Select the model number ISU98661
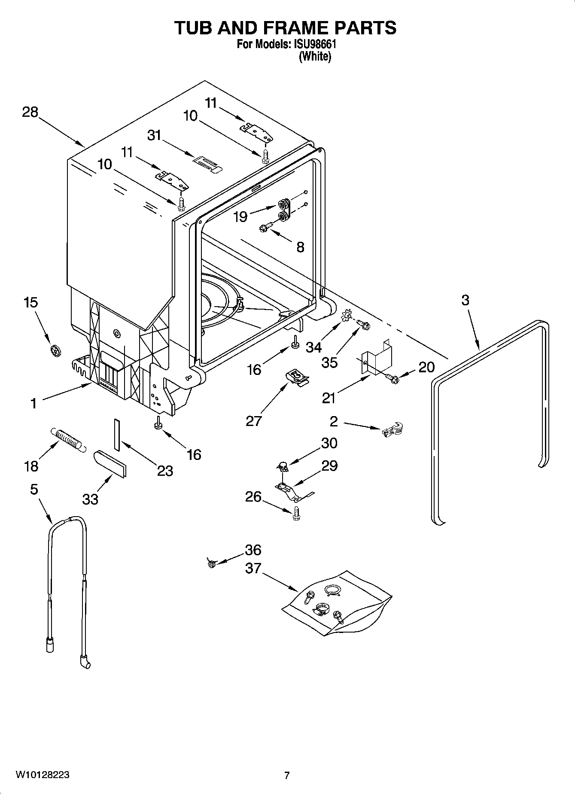click(315, 45)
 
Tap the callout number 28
click(30, 113)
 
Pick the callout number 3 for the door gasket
click(465, 300)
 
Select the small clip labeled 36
click(211, 563)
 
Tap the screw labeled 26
click(296, 513)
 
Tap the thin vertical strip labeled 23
click(116, 435)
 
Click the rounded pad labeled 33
click(110, 463)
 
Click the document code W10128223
click(43, 775)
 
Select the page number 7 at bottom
click(287, 775)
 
